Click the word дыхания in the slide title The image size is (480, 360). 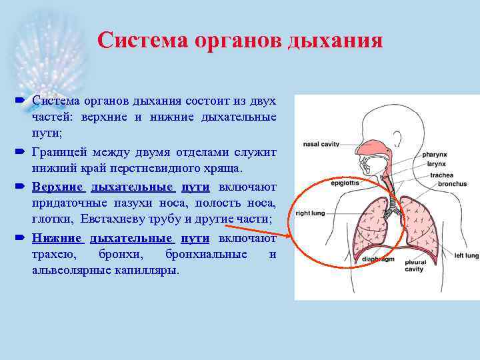click(x=335, y=40)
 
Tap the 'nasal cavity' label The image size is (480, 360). click(x=321, y=143)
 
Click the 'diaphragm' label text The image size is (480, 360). click(x=378, y=259)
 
